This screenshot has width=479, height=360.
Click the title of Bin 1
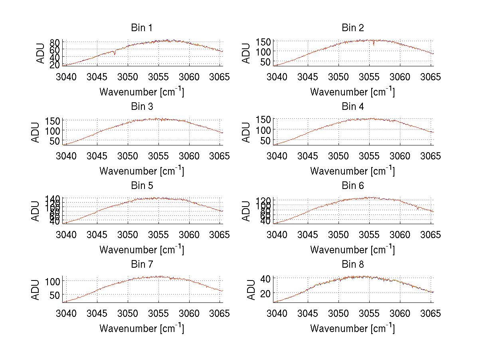pos(141,28)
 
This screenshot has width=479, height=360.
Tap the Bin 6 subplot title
pos(352,186)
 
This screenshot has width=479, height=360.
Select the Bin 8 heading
pos(352,265)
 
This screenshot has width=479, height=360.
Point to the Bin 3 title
pos(141,107)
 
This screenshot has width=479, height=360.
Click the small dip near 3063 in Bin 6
pos(418,208)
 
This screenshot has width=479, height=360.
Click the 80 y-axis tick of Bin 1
pos(55,42)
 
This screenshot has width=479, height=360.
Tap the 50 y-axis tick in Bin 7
pos(55,294)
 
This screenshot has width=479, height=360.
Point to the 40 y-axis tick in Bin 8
pos(266,278)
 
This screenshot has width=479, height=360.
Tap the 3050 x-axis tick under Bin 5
pos(128,235)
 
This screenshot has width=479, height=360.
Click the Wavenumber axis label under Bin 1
pos(141,92)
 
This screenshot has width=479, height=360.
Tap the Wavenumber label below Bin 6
pos(352,250)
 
